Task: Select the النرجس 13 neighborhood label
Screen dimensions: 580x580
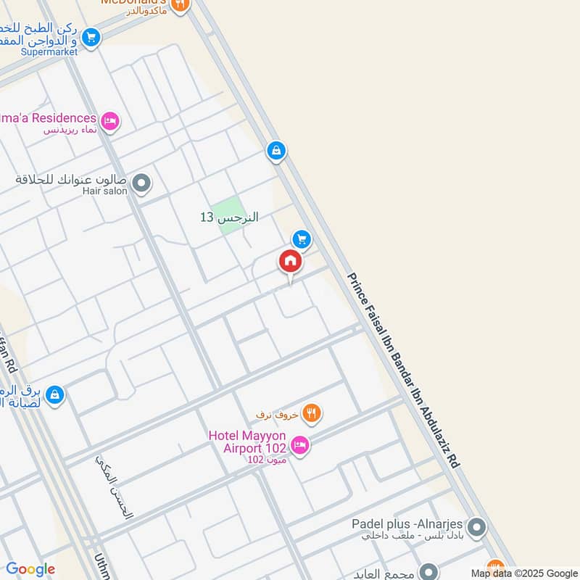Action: pyautogui.click(x=229, y=217)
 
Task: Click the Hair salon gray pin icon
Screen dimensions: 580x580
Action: pyautogui.click(x=143, y=183)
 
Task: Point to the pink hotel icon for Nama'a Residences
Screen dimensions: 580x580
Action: pyautogui.click(x=110, y=120)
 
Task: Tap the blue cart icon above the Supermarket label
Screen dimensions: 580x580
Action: pyautogui.click(x=90, y=36)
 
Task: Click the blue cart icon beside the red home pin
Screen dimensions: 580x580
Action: pyautogui.click(x=302, y=239)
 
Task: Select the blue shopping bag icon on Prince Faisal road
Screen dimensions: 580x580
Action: pyautogui.click(x=275, y=151)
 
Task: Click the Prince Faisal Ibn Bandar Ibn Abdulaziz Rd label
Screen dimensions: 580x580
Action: pyautogui.click(x=403, y=370)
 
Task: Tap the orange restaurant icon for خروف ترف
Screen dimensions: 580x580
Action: pyautogui.click(x=311, y=413)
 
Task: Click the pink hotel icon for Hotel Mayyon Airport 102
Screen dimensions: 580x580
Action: pyautogui.click(x=301, y=444)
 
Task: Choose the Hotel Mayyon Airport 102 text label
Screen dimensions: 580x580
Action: pyautogui.click(x=247, y=442)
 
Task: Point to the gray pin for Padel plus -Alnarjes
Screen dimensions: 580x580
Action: pyautogui.click(x=476, y=527)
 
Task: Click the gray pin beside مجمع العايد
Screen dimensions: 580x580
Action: pyautogui.click(x=428, y=573)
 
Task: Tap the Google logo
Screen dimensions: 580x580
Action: pyautogui.click(x=30, y=569)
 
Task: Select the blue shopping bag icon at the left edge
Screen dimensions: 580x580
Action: pyautogui.click(x=54, y=395)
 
